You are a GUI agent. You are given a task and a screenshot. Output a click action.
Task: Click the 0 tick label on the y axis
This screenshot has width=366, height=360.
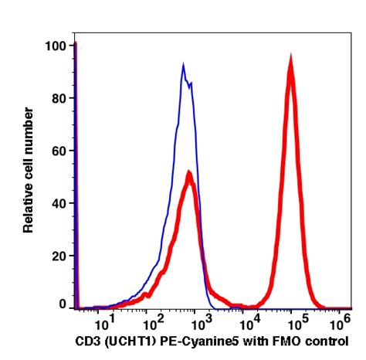click(x=63, y=306)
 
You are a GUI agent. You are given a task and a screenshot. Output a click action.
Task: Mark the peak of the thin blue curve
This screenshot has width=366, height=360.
click(x=184, y=65)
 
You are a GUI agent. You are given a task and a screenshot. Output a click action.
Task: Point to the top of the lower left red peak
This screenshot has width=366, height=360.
click(x=188, y=174)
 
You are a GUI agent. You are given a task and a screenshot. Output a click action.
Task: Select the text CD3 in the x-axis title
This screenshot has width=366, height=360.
click(x=86, y=340)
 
